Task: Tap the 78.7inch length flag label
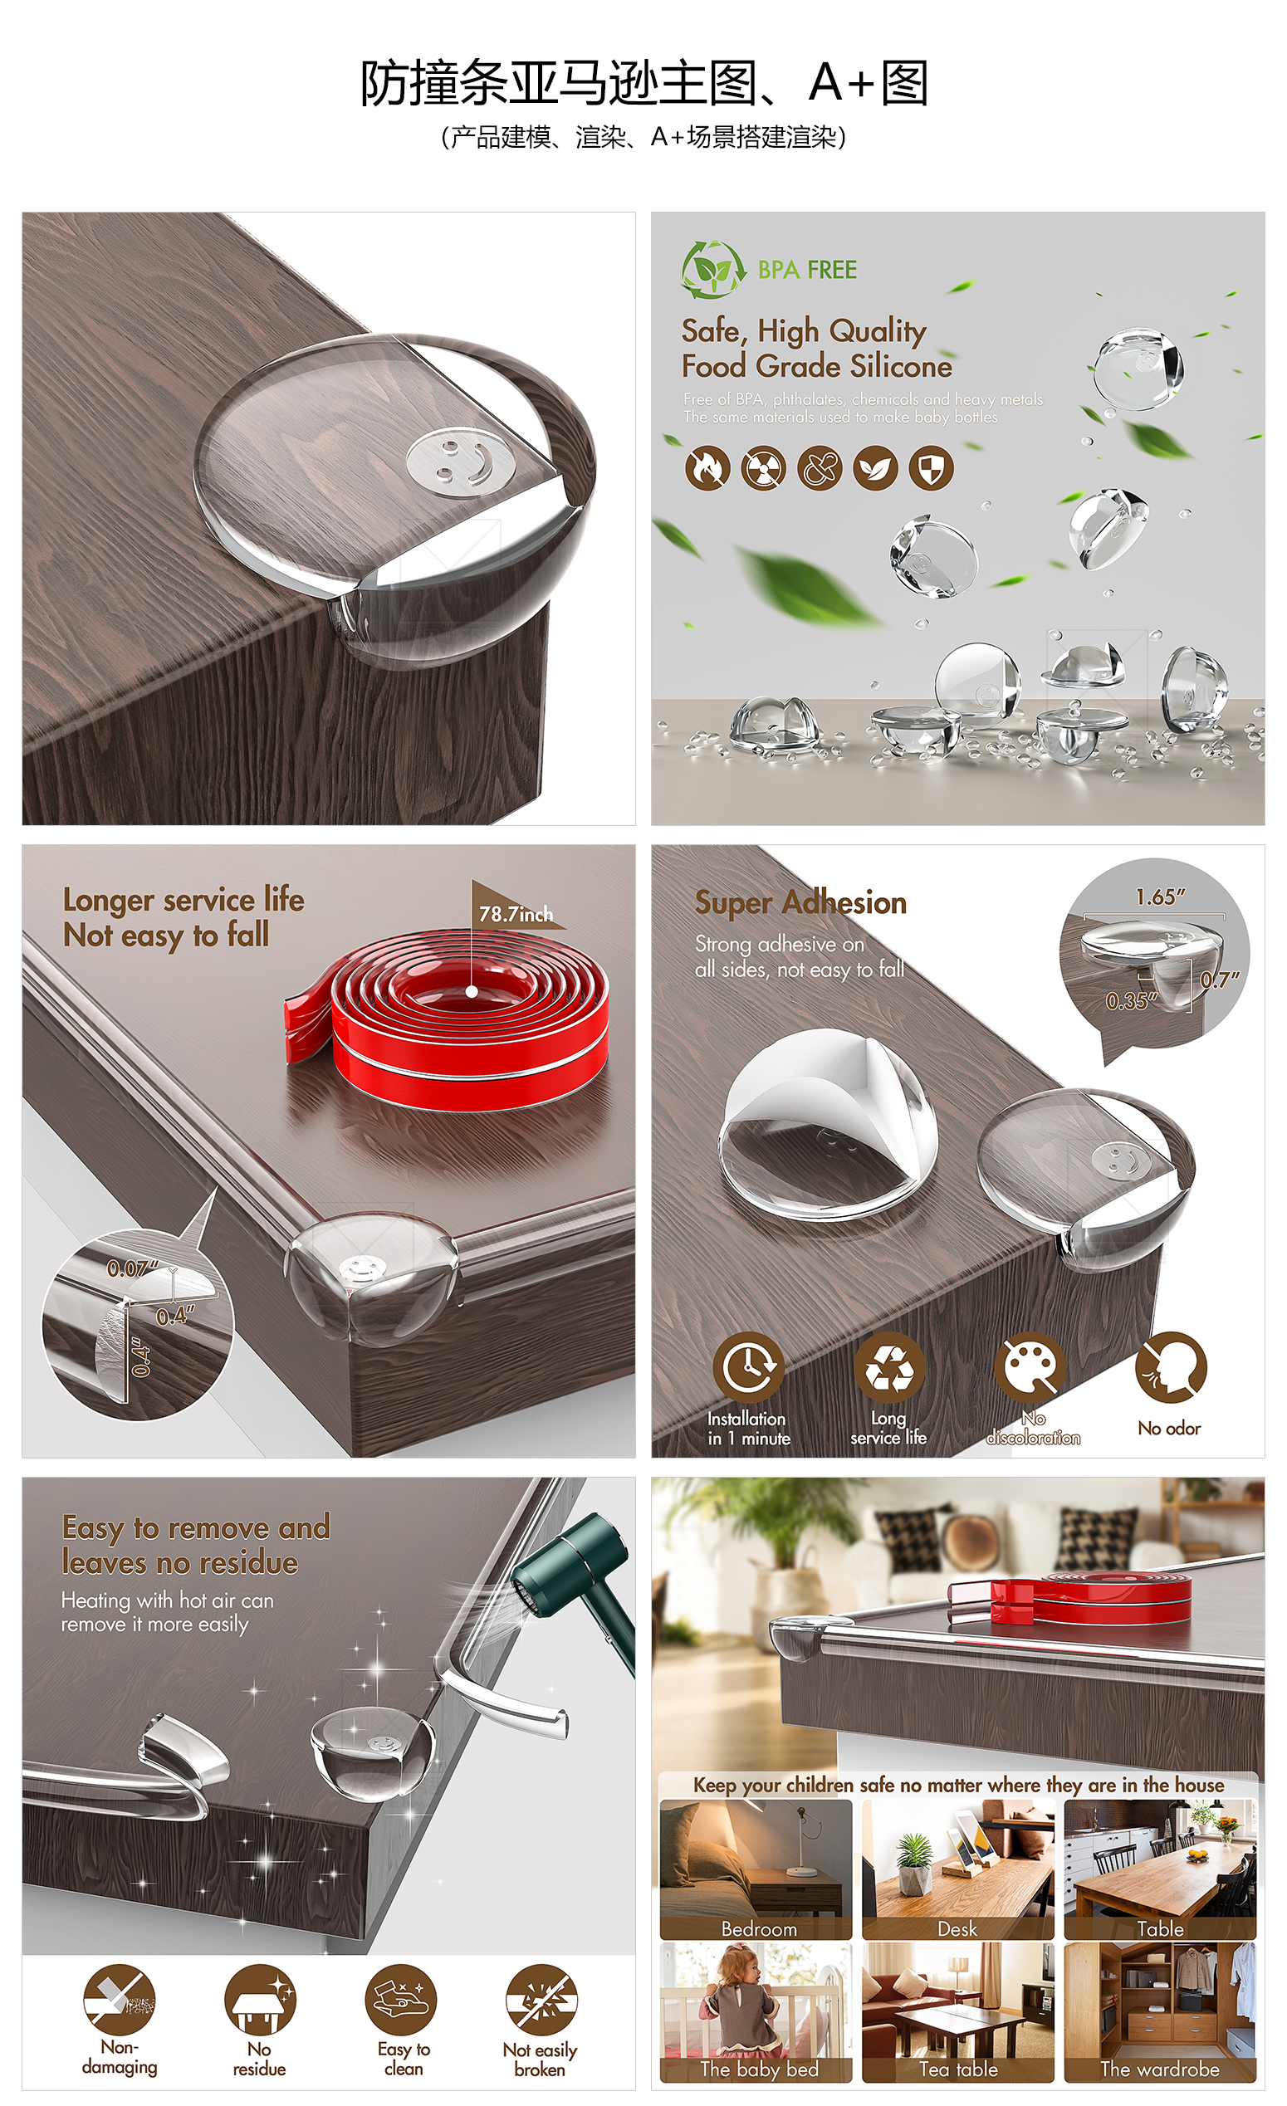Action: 516,914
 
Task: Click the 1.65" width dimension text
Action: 1161,897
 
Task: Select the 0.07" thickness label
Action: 133,1268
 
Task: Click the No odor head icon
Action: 1170,1366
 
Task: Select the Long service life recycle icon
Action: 889,1366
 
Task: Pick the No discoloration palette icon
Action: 1031,1366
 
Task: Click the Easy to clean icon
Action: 401,2001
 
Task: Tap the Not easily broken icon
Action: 541,2001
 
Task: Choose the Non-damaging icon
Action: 120,2001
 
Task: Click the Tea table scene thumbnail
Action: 957,2012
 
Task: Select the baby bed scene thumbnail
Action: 756,2012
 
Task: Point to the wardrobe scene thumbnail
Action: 1161,2012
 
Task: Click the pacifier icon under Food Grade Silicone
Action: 820,467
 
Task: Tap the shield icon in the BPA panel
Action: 932,467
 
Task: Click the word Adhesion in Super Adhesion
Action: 844,902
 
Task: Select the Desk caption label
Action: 957,1929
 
